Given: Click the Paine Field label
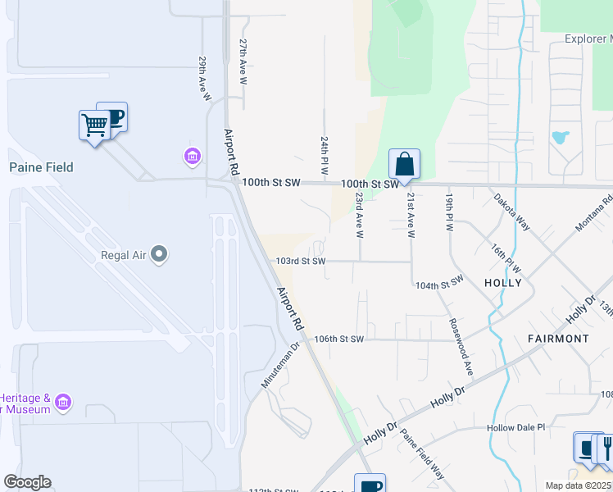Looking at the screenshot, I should (41, 167).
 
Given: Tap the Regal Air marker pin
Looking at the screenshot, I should (160, 255).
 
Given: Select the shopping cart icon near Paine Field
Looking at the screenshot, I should (94, 125).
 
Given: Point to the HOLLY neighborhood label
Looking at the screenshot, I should (502, 282).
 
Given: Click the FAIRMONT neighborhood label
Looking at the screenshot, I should (560, 338).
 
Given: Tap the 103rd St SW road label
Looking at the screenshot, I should (301, 261).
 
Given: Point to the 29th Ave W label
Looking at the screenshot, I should (204, 80).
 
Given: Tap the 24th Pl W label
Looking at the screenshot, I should (325, 156).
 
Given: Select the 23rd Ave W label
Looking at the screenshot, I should (359, 215).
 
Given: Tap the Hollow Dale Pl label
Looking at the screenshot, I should (515, 427).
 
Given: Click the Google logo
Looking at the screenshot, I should (27, 482).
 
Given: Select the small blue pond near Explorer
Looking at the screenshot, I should (561, 136).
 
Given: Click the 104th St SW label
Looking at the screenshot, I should (439, 283).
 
